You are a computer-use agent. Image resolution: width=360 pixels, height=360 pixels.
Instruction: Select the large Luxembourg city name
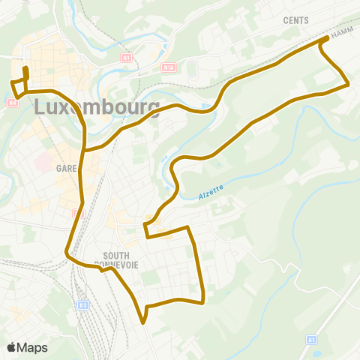point(97,107)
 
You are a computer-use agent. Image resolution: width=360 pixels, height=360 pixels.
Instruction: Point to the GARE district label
point(67,169)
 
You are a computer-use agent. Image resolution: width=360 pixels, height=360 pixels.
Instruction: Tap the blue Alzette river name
point(211,193)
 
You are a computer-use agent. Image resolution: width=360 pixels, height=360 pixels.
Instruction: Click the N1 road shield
point(126,57)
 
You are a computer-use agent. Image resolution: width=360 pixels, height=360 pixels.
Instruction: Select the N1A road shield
point(167,67)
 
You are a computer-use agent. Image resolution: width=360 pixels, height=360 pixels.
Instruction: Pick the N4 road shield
point(13,102)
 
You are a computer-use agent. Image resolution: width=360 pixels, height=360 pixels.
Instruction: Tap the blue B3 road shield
point(84,304)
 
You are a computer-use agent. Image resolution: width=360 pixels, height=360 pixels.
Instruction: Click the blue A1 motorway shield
point(311,340)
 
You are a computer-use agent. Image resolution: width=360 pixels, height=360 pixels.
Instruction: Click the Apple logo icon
point(12,347)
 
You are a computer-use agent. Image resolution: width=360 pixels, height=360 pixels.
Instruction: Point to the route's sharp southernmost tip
point(142,323)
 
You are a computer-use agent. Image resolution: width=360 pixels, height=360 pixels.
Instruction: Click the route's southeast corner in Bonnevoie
point(204,302)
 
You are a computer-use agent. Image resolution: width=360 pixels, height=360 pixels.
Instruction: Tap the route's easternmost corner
point(349,85)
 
